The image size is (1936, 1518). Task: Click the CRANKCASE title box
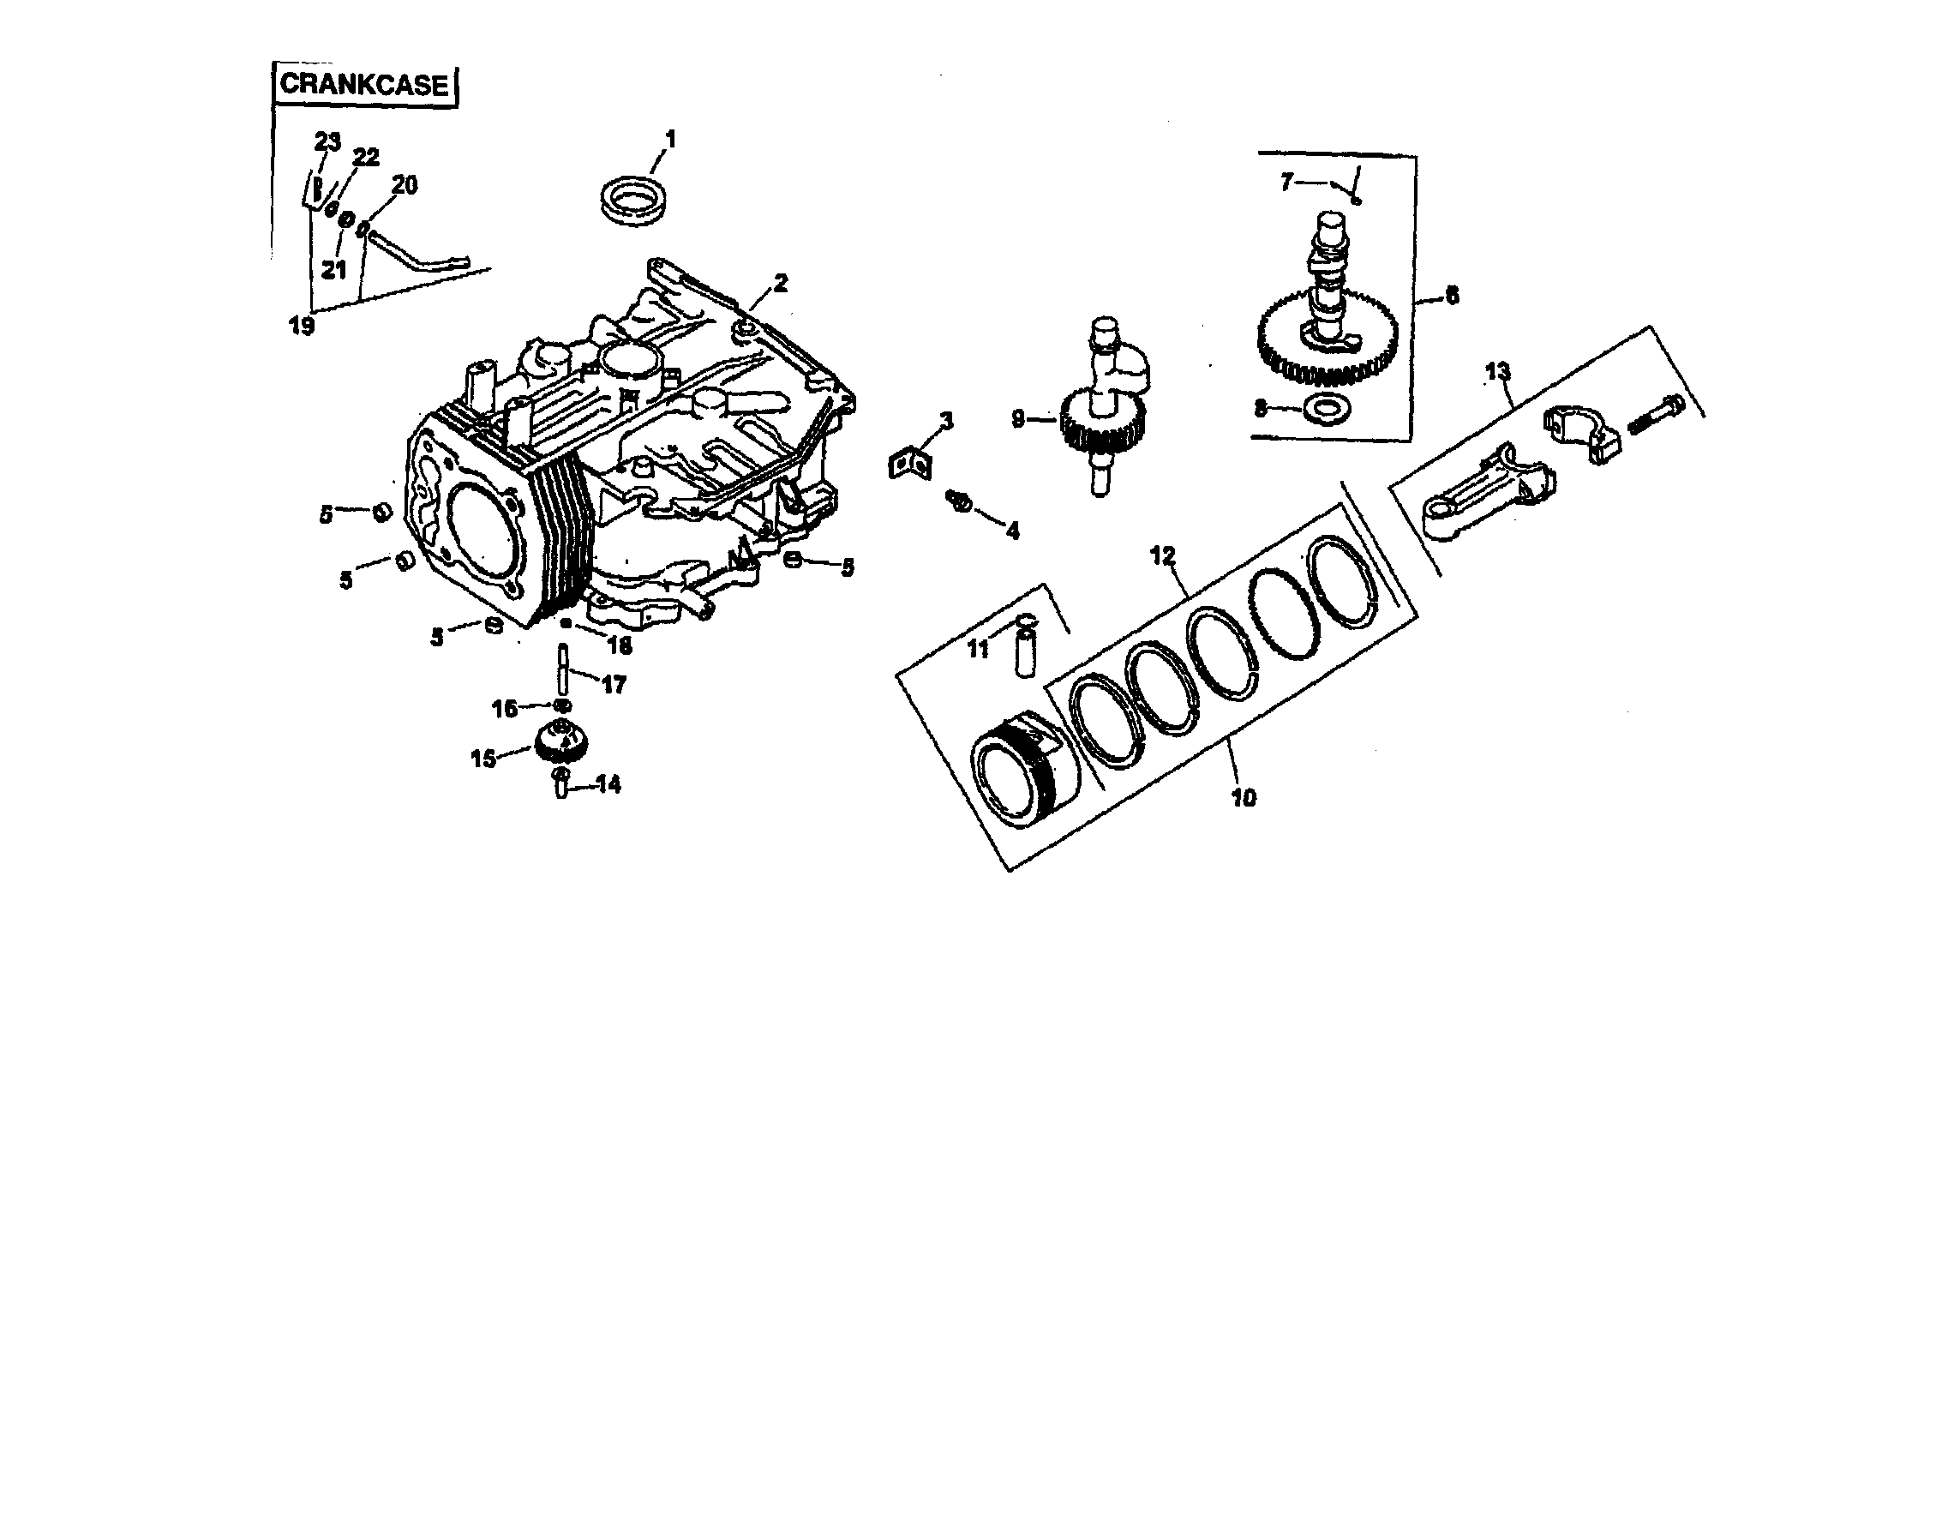364,85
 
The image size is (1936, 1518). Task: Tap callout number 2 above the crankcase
780,284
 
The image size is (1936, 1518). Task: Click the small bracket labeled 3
910,464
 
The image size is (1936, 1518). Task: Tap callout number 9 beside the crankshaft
1019,417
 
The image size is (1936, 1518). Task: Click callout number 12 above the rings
1162,555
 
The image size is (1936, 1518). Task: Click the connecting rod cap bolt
1658,416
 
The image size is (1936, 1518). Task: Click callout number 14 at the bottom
608,784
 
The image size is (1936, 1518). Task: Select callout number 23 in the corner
328,141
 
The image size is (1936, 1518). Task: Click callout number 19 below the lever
302,326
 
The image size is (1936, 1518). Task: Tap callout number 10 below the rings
1244,797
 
